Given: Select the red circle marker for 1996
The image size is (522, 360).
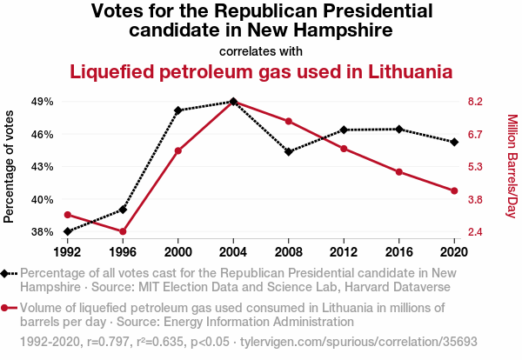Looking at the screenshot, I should [x=123, y=231].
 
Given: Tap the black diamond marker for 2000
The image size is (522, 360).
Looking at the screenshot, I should [x=178, y=110].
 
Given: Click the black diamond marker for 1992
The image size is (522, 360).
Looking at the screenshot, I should [x=67, y=231].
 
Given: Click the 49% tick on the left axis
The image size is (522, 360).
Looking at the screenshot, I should [x=42, y=102].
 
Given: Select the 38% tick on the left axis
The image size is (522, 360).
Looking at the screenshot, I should [x=42, y=232].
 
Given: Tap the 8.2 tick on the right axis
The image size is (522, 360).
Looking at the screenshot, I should [x=475, y=102].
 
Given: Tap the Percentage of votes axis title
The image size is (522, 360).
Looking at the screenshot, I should [x=10, y=166].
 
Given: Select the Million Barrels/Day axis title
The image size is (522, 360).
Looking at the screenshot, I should [x=512, y=166].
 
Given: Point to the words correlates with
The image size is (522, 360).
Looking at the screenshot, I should [x=261, y=50].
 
